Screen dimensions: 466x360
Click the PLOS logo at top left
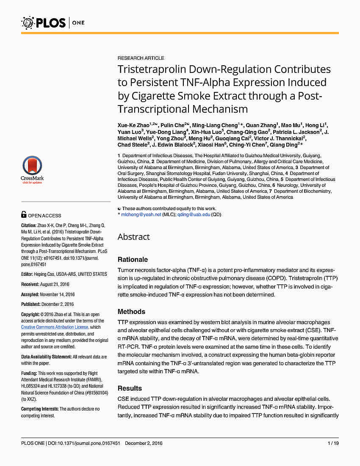[x=43, y=22]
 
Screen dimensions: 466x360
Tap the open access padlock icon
[x=24, y=215]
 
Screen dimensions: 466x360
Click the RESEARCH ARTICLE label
[x=141, y=58]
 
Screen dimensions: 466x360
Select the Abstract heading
[x=133, y=237]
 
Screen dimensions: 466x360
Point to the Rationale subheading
[x=133, y=259]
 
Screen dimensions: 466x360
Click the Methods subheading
[x=131, y=311]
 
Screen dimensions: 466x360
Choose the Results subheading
[x=130, y=388]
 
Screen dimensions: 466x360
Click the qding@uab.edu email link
[x=194, y=214]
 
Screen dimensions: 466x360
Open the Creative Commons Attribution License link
[x=55, y=327]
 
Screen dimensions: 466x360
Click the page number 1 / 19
[x=333, y=443]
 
